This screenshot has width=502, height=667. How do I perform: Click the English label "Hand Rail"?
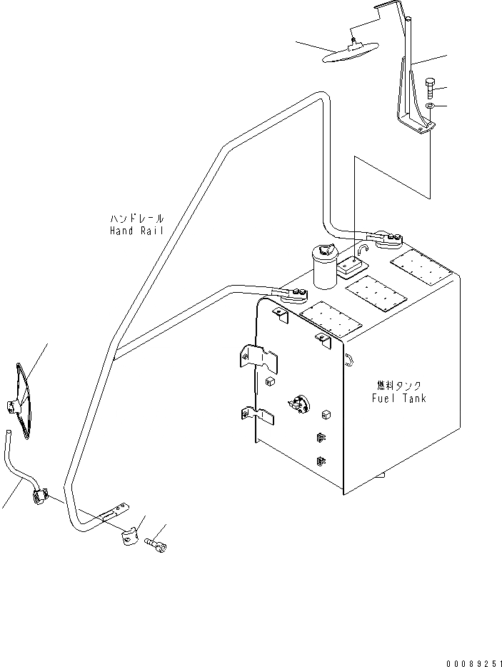click(x=137, y=231)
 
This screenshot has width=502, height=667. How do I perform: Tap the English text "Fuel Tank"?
click(x=398, y=398)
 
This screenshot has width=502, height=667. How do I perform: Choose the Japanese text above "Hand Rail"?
click(x=137, y=218)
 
